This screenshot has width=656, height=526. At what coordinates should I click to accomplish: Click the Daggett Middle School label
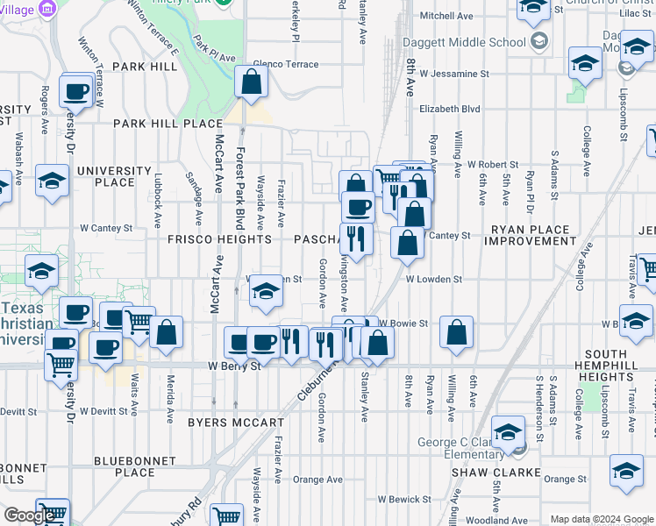[x=482, y=42]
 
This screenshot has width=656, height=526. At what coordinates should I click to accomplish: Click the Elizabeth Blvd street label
[x=450, y=109]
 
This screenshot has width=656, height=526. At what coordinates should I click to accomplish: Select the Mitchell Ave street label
[x=447, y=16]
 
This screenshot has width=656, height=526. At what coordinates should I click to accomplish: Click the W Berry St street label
[x=234, y=366]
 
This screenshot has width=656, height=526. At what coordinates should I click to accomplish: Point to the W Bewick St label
[x=401, y=499]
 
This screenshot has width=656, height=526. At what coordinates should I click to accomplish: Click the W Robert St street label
[x=493, y=164]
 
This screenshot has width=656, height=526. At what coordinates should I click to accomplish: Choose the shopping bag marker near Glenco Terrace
[x=252, y=84]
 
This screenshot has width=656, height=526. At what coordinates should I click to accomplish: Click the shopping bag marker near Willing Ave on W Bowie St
[x=455, y=332]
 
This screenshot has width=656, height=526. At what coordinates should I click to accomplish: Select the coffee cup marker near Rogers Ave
[x=77, y=90]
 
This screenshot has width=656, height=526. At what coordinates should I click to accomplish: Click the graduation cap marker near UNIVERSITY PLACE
[x=53, y=181]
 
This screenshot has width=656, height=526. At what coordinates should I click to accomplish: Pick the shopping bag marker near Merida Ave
[x=166, y=332]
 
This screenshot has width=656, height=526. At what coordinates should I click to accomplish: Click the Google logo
[x=29, y=515]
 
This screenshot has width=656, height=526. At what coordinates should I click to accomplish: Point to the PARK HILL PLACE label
[x=168, y=124]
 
